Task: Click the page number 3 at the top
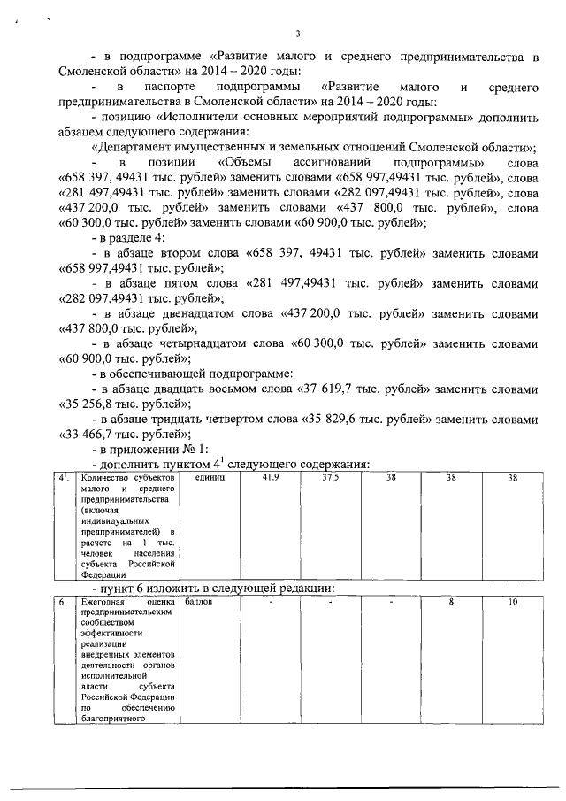[x=298, y=34]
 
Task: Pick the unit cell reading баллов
[x=199, y=602]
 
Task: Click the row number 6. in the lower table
[x=63, y=602]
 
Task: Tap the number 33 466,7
[x=94, y=434]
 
